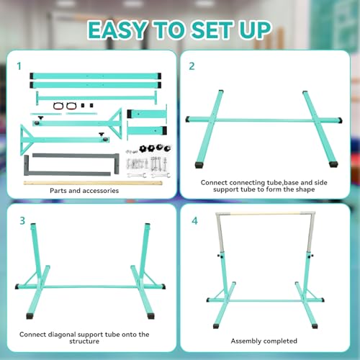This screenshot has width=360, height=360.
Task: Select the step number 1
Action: (x=18, y=66)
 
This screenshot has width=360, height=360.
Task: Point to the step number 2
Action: (x=192, y=66)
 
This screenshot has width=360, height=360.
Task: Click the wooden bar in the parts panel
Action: (x=61, y=183)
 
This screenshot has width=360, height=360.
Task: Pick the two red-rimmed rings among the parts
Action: (x=63, y=106)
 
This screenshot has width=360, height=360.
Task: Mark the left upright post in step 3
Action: (x=34, y=251)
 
